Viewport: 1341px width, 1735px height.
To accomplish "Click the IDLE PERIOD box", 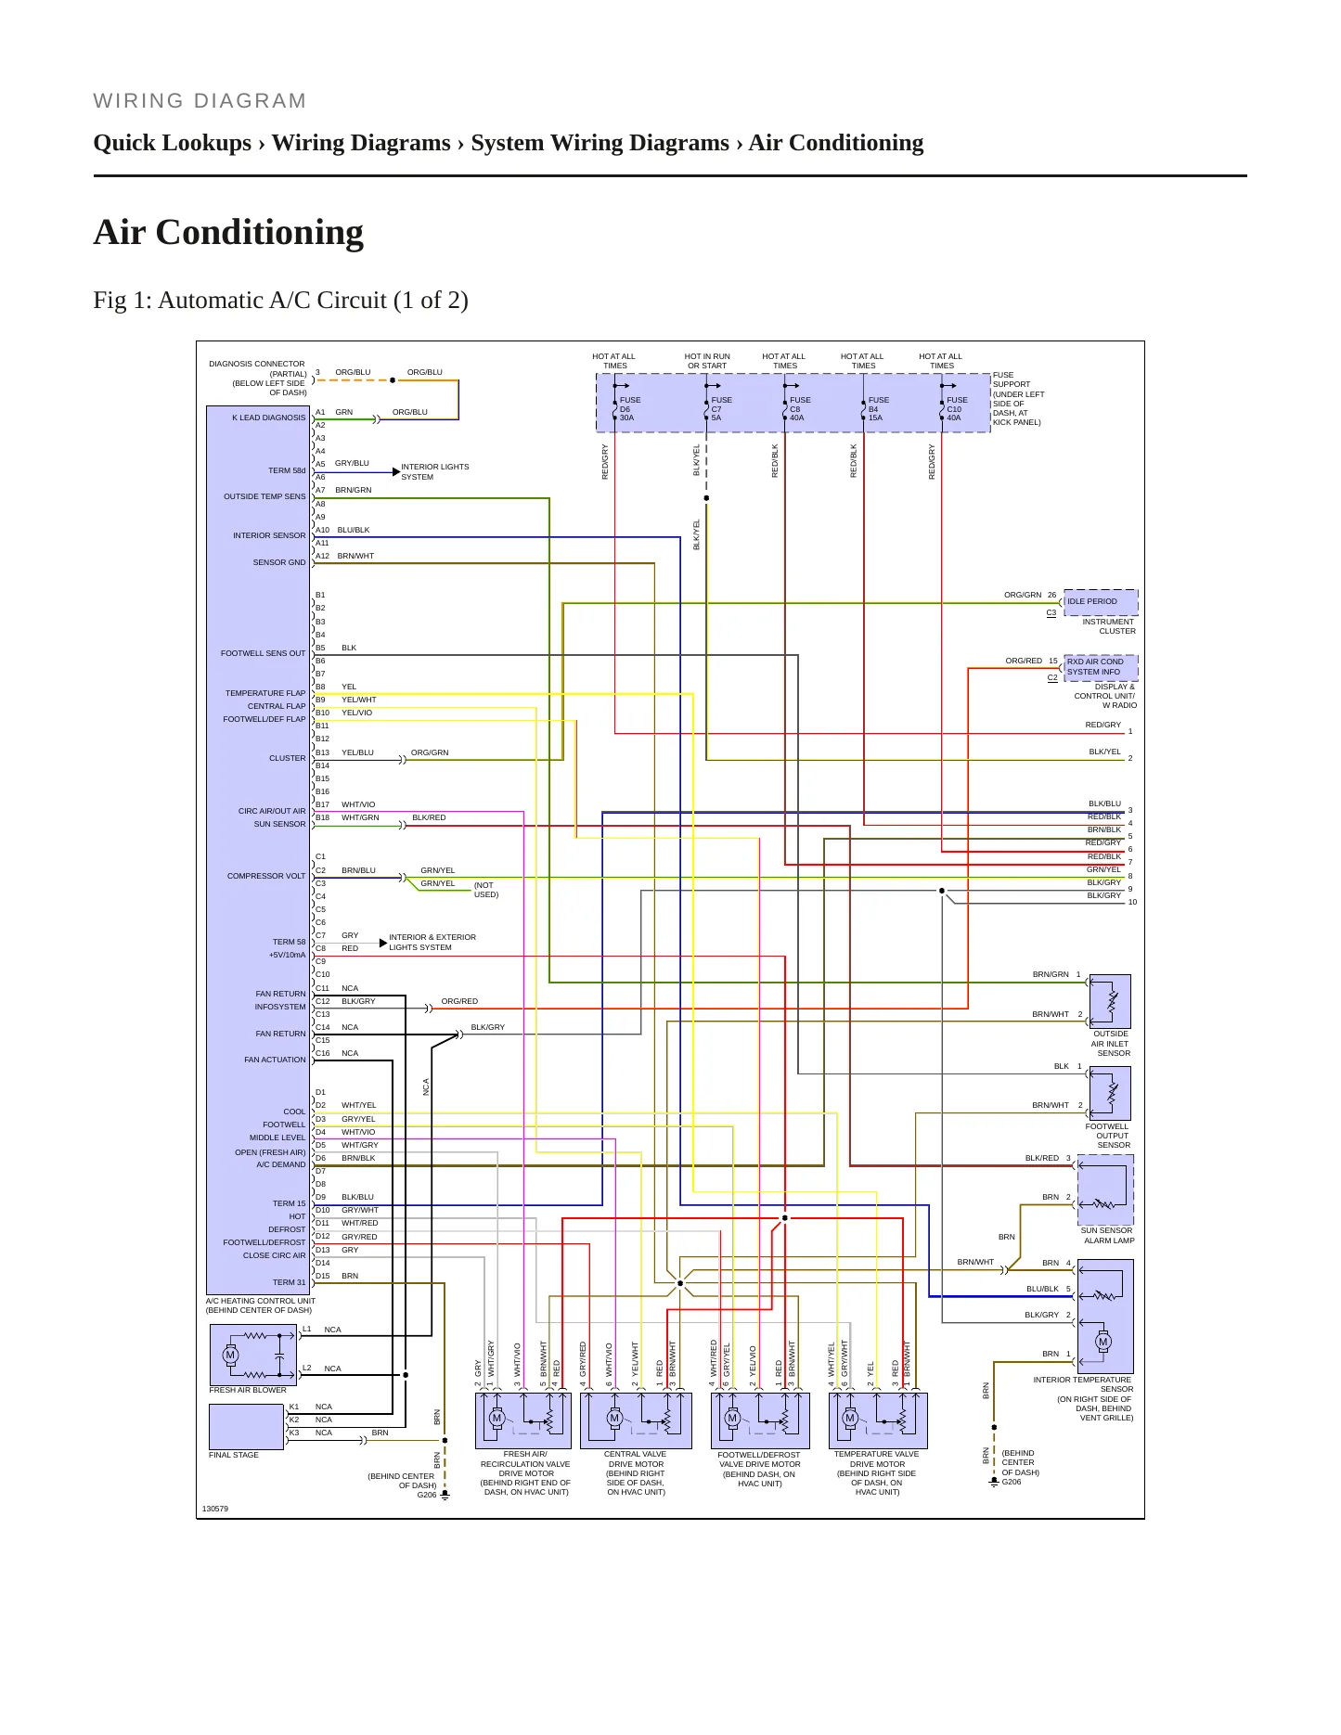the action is tap(1101, 601).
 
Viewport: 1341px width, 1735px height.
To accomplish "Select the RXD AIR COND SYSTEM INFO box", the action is tap(1101, 667).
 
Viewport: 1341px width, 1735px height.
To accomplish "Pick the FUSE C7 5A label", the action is tap(721, 409).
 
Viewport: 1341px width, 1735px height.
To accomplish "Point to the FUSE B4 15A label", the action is tap(878, 409).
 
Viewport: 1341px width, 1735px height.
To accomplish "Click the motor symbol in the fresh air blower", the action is tap(230, 1355).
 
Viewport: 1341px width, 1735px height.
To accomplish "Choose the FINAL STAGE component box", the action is tap(246, 1427).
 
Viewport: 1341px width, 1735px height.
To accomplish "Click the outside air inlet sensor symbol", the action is tap(1110, 1001).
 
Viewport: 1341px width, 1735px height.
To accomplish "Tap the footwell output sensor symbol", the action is tap(1110, 1093).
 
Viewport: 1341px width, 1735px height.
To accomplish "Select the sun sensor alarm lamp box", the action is tap(1105, 1190).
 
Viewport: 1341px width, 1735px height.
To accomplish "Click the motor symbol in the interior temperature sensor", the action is tap(1103, 1342).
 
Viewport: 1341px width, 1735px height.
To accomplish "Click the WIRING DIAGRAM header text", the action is tap(200, 101).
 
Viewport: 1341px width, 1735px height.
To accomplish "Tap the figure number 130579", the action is tap(215, 1509).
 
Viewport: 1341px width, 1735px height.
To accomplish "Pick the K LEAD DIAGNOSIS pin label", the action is tap(269, 418).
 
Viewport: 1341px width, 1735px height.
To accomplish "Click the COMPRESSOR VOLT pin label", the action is tap(266, 876).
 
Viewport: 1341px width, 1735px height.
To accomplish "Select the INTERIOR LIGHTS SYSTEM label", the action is tap(435, 472).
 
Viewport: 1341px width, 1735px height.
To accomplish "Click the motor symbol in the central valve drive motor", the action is tap(614, 1418).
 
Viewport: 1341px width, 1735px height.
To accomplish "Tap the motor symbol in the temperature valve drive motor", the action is tap(850, 1418).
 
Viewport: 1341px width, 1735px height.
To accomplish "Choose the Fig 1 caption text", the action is tap(280, 301).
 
